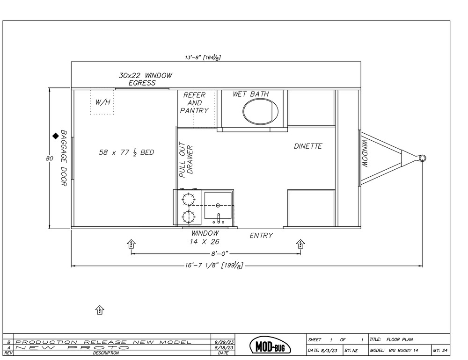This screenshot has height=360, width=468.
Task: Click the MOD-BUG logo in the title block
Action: point(270,346)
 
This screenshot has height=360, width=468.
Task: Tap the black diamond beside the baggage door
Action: point(56,136)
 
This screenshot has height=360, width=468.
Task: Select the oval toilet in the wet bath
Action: point(260,111)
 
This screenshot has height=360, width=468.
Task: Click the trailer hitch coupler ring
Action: point(422,158)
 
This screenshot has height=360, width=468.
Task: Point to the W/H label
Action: point(102,102)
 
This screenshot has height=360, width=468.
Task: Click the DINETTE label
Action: point(308,146)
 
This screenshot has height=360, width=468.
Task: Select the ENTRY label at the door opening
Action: point(261,236)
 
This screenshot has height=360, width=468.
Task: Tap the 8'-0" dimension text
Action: point(219,254)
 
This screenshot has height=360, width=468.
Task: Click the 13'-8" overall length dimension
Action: point(203,57)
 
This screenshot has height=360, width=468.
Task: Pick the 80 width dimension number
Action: point(49,158)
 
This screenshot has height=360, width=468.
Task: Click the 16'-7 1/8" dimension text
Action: point(214,265)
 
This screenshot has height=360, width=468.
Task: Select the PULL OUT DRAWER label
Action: point(186,159)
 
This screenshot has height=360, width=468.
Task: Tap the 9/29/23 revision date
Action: point(224,342)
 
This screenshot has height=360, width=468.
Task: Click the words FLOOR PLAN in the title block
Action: point(400,339)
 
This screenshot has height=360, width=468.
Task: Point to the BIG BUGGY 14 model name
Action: point(403,351)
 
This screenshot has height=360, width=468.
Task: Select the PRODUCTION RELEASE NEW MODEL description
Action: point(103,342)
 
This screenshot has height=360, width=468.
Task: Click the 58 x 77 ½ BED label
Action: point(126,152)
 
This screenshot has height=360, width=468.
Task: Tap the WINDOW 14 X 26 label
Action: point(205,238)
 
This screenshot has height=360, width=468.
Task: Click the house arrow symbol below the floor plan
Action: point(100,310)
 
